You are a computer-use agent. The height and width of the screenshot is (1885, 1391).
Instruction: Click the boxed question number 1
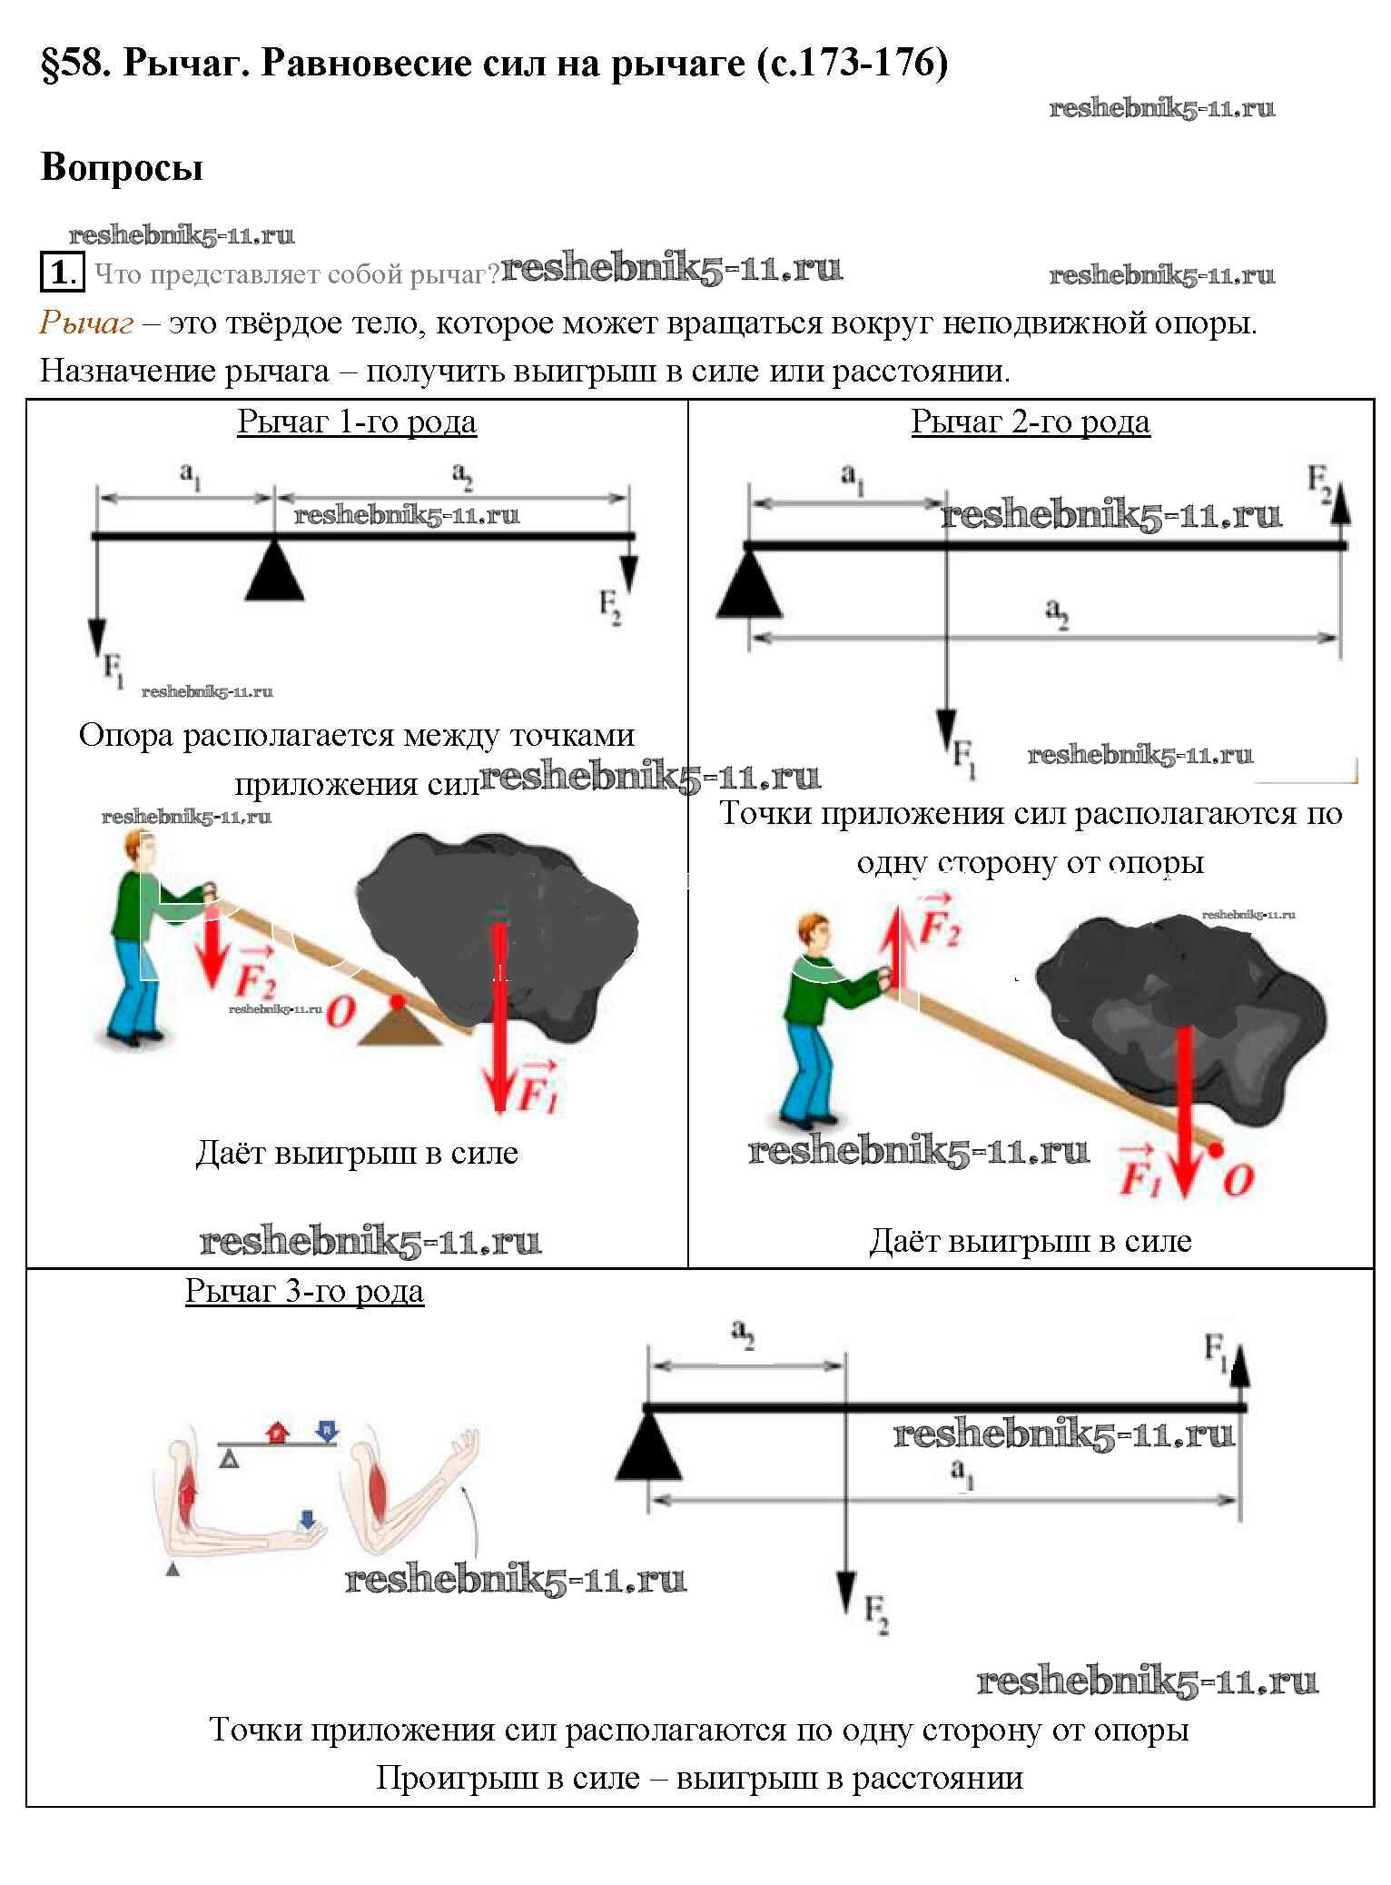(61, 273)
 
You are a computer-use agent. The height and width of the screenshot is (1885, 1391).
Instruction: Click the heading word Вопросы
(122, 168)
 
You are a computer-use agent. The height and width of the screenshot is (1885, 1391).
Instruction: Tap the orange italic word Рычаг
(86, 322)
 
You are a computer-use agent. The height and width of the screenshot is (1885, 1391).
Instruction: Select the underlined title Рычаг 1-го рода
(357, 422)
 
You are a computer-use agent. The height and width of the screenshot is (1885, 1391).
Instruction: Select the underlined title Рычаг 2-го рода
(1031, 422)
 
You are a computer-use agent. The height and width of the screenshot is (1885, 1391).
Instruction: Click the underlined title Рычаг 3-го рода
(304, 1291)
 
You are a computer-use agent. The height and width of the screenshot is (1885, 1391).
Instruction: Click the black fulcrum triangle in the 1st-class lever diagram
(274, 574)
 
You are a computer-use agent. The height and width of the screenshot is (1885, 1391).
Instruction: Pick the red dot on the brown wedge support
(397, 1001)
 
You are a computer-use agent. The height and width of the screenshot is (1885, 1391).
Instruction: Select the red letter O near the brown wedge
(340, 1011)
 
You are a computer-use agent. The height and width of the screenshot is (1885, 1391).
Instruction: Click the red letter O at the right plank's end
(1238, 1180)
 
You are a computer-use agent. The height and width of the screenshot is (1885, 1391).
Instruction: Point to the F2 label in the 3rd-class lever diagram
(876, 1614)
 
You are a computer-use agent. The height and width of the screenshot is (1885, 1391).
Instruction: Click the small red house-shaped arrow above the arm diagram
(278, 1432)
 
